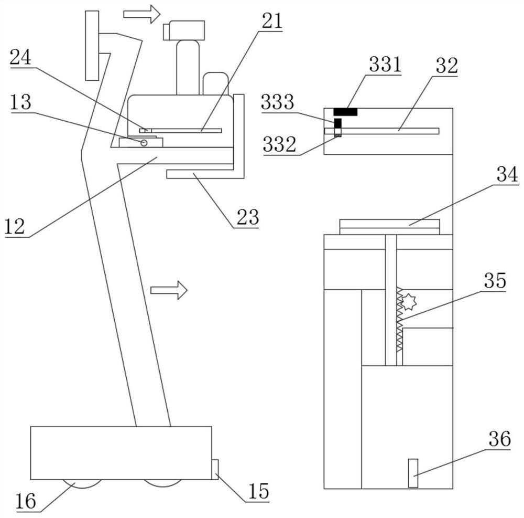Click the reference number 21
pyautogui.click(x=272, y=21)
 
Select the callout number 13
pyautogui.click(x=21, y=102)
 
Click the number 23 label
pyautogui.click(x=248, y=217)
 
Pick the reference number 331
pyautogui.click(x=385, y=64)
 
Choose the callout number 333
pyautogui.click(x=278, y=102)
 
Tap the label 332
pyautogui.click(x=280, y=144)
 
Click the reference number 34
pyautogui.click(x=507, y=174)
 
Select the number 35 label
pyautogui.click(x=495, y=280)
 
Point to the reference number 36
pyautogui.click(x=499, y=439)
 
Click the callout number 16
pyautogui.click(x=26, y=501)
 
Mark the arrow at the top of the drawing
pyautogui.click(x=142, y=14)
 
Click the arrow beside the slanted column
pyautogui.click(x=169, y=290)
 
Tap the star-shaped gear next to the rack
pyautogui.click(x=408, y=302)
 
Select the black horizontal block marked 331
pyautogui.click(x=345, y=112)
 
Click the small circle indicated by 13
pyautogui.click(x=144, y=143)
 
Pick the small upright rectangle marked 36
pyautogui.click(x=413, y=473)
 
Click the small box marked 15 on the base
pyautogui.click(x=215, y=470)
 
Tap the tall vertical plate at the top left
pyautogui.click(x=92, y=46)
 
